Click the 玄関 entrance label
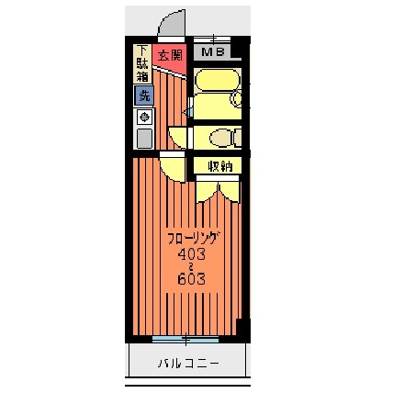(x=170, y=56)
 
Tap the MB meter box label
(x=213, y=51)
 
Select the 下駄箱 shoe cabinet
(x=142, y=63)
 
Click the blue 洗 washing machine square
(x=144, y=95)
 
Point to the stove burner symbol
(x=144, y=117)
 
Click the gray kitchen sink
(x=144, y=139)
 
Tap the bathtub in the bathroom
(x=217, y=80)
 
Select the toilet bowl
(x=221, y=138)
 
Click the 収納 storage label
(x=220, y=166)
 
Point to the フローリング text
(x=194, y=239)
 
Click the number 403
(x=192, y=253)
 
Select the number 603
(x=192, y=279)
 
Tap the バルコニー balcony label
(x=188, y=364)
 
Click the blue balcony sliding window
(x=185, y=339)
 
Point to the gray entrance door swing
(x=172, y=23)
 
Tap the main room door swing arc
(x=173, y=170)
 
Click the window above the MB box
(x=212, y=39)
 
